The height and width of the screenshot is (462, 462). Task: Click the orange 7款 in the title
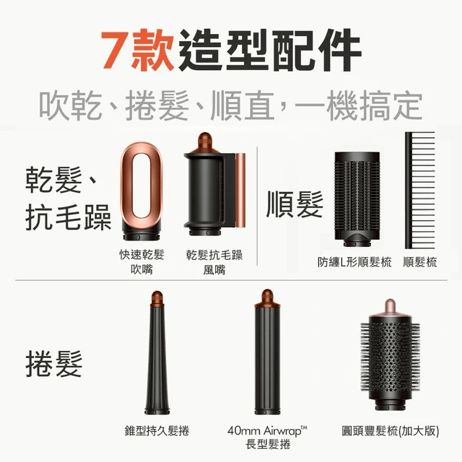click(137, 50)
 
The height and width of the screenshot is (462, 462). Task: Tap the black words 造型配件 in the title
click(269, 50)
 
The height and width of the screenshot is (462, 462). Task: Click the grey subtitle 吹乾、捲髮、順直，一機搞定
click(231, 106)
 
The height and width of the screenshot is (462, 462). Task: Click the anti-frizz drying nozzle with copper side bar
click(214, 184)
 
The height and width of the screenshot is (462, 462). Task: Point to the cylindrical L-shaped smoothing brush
click(357, 199)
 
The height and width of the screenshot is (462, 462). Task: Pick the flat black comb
click(419, 191)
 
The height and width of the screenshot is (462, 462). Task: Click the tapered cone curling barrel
click(157, 353)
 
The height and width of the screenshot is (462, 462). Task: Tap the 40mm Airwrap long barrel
click(268, 352)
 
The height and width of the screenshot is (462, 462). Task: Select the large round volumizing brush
click(390, 354)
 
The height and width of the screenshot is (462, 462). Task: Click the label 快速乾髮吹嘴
click(141, 261)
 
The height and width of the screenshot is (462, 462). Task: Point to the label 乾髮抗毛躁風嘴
click(214, 262)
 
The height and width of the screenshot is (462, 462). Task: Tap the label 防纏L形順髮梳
click(354, 261)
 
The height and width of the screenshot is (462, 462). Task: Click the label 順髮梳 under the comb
click(420, 261)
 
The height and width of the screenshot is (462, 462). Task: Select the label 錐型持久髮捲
click(157, 430)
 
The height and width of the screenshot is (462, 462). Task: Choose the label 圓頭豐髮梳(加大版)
click(390, 431)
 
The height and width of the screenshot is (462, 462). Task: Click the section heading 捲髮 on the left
click(54, 364)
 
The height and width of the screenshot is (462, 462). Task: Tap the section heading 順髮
click(295, 204)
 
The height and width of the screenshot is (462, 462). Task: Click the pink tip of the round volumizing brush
click(390, 307)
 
